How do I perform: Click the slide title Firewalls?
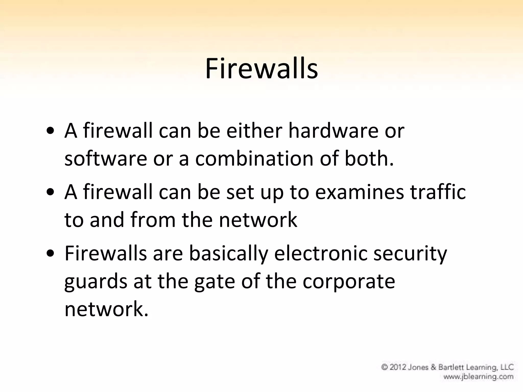(261, 68)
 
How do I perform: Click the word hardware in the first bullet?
(333, 131)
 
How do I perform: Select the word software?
(106, 158)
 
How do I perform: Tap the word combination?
(254, 158)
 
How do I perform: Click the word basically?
(229, 254)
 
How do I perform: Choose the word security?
(410, 254)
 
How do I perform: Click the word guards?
(96, 282)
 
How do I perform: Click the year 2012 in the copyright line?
(398, 367)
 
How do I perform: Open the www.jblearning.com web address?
(478, 376)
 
